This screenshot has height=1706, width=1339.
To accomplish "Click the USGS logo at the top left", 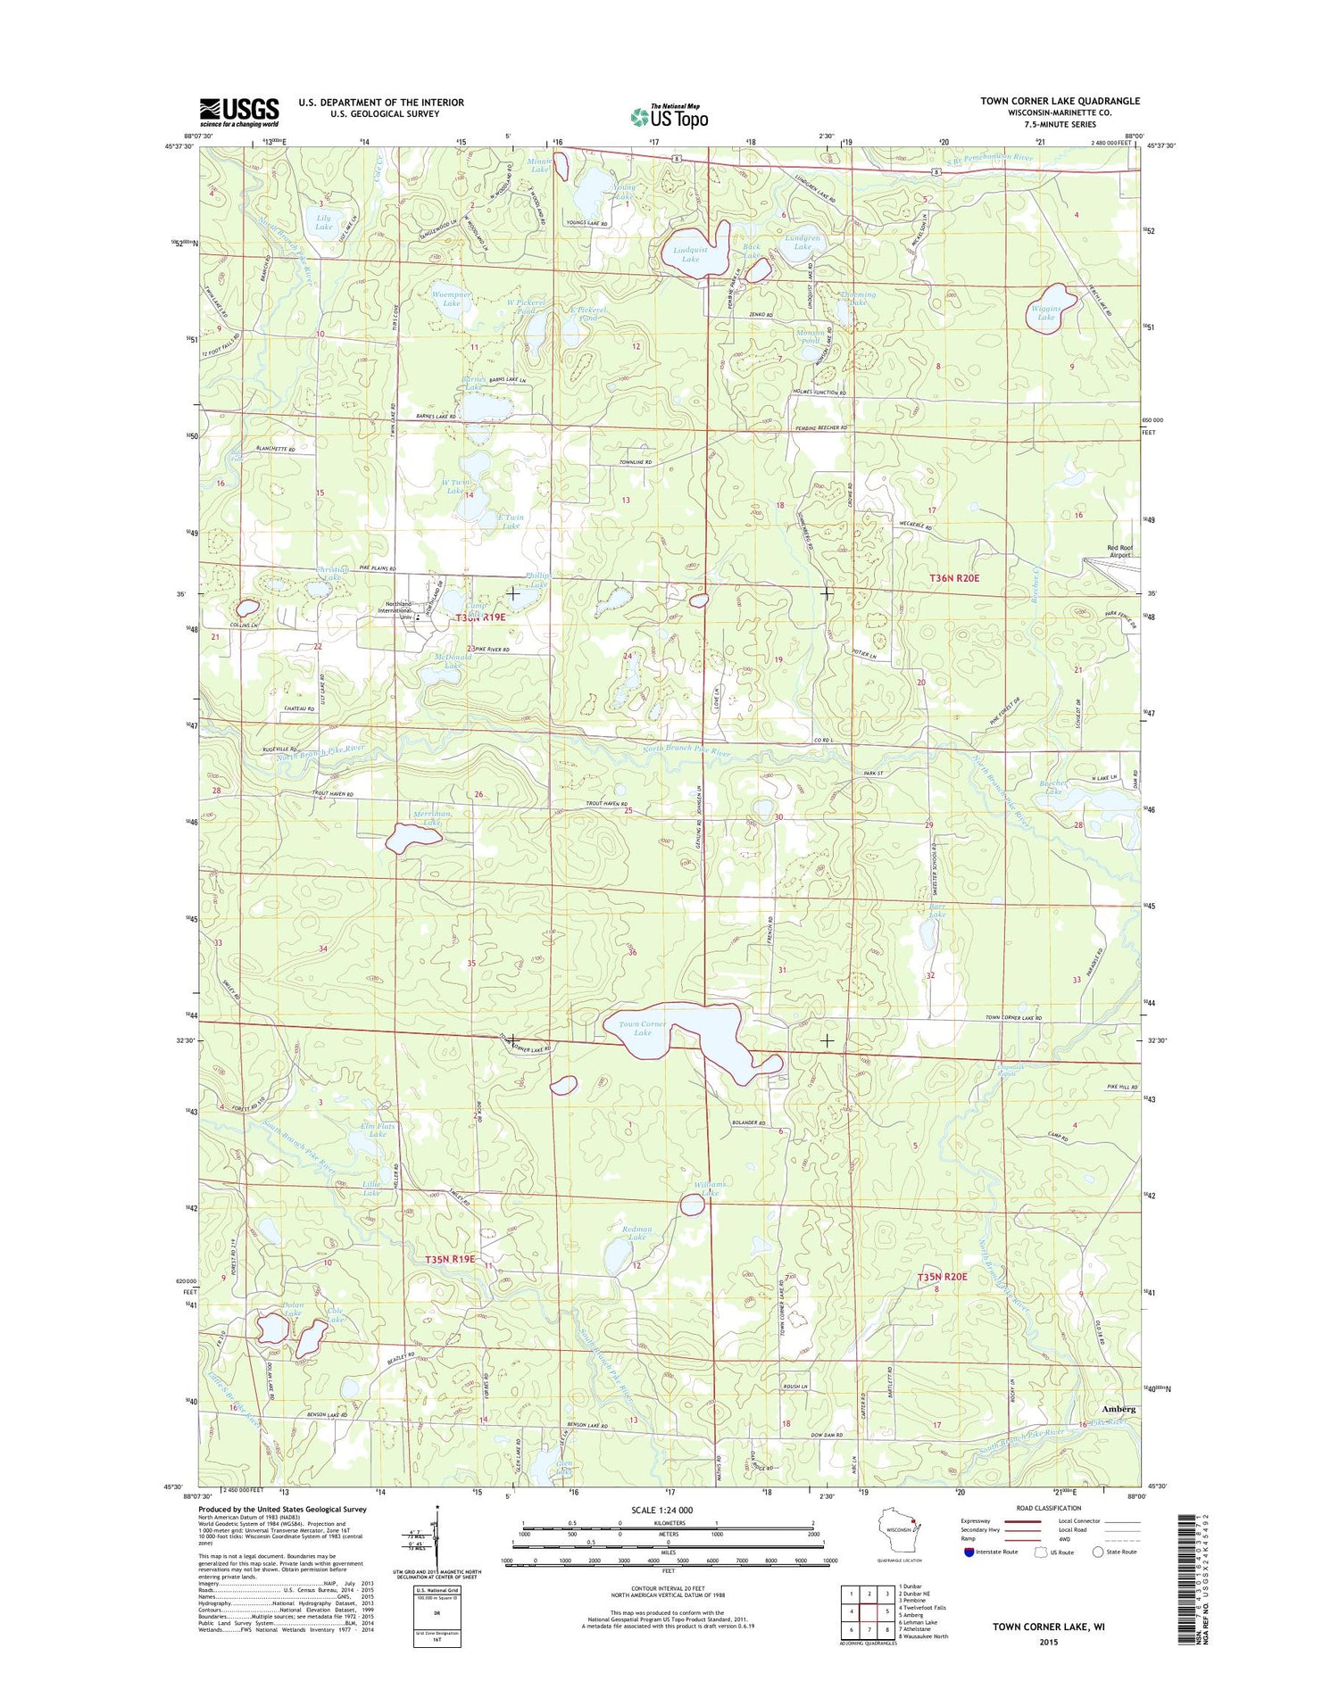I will [x=238, y=112].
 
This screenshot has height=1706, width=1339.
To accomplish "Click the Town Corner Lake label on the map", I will [x=643, y=1028].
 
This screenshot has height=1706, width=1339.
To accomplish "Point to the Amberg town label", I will [x=1119, y=1408].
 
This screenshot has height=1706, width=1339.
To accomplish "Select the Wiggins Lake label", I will [x=1045, y=312].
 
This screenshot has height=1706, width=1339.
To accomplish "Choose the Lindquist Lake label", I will [x=690, y=254].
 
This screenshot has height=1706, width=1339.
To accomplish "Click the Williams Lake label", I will [x=711, y=1188].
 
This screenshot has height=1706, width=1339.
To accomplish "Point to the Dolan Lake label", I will [x=292, y=1309].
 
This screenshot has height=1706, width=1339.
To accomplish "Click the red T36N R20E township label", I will [x=954, y=578].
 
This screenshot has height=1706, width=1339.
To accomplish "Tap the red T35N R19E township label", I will [x=450, y=1259].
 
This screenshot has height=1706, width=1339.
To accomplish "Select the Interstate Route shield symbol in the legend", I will [x=969, y=1552].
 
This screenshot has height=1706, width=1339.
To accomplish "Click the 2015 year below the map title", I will [x=1048, y=1642].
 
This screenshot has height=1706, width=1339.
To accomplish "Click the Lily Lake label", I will [x=323, y=222].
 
